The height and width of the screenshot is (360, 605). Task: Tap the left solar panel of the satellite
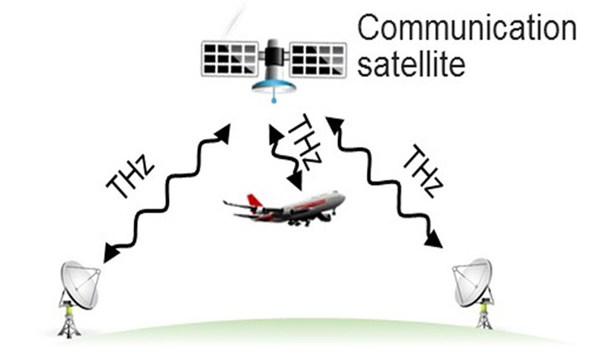[x=229, y=59]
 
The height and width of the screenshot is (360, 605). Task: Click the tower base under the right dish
[x=485, y=319]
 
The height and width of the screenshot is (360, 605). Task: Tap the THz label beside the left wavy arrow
[x=130, y=178]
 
